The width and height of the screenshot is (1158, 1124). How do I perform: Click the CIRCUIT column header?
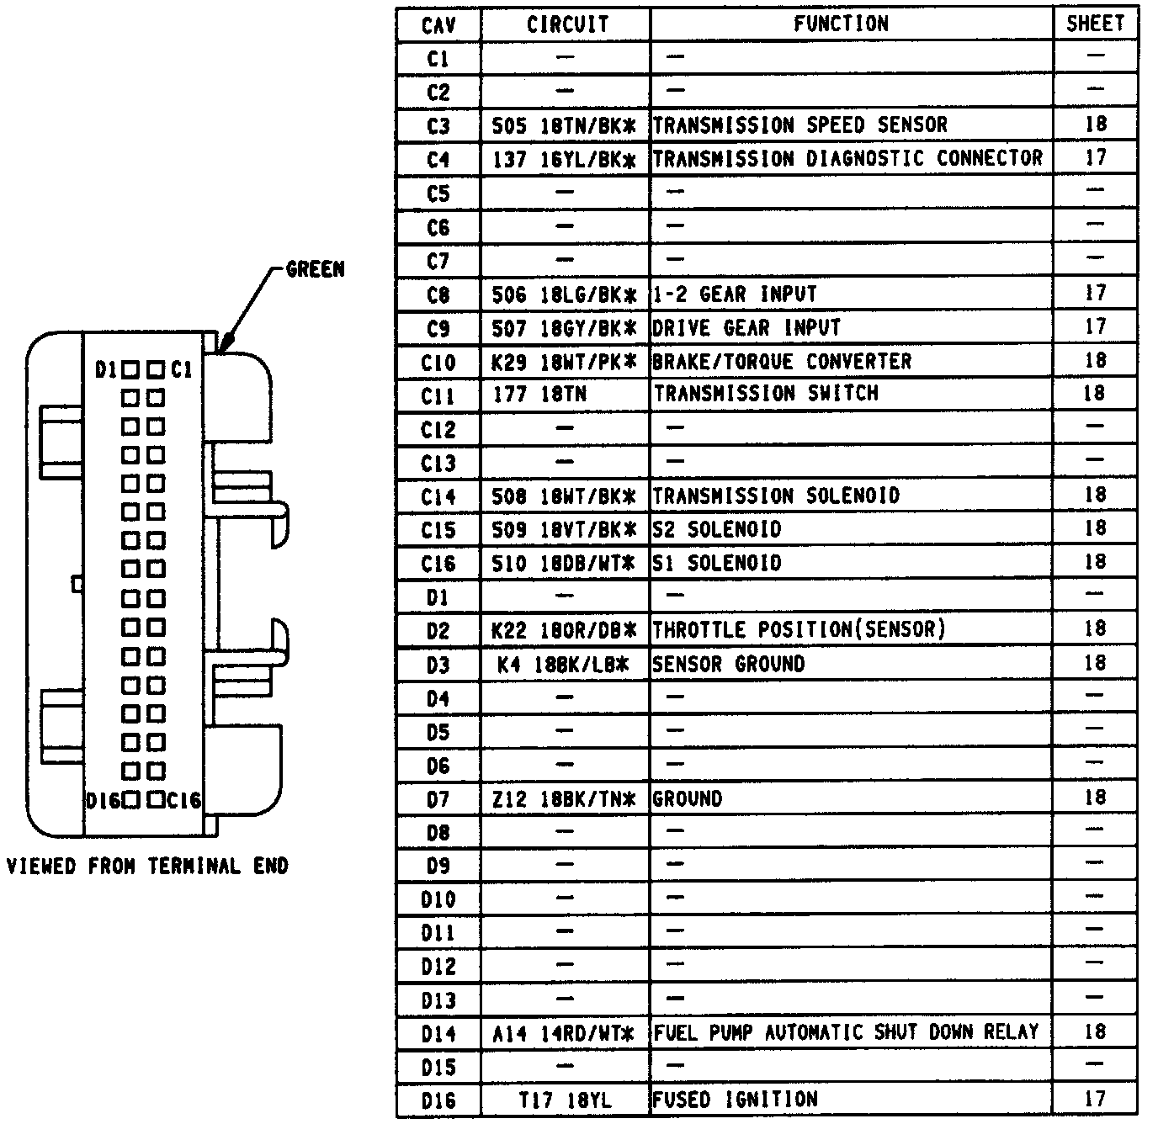pos(566,24)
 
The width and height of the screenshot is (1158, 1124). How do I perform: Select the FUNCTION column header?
pos(841,24)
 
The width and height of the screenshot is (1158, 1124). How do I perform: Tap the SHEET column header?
pos(1095,24)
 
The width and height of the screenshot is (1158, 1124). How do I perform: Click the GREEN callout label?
pos(316,269)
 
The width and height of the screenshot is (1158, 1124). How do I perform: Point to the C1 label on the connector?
pos(182,369)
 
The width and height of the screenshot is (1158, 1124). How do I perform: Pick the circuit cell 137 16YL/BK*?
pos(564,159)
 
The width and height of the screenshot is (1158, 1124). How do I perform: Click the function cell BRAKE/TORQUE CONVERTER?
pos(782,362)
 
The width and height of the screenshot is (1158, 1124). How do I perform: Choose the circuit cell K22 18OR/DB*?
pos(564,630)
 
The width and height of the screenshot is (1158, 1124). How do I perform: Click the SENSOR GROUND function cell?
pos(729,664)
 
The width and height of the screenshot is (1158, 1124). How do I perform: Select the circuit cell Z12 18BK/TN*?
pos(564,798)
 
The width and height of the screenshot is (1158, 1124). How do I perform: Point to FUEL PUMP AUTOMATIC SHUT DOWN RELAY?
pos(846,1032)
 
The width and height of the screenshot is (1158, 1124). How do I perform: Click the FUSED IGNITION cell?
pos(736,1100)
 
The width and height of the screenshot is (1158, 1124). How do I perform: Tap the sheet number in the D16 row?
pos(1095,1099)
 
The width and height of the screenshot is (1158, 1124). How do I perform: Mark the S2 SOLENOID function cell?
pos(717,529)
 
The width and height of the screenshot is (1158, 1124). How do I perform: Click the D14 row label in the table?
pos(438,1033)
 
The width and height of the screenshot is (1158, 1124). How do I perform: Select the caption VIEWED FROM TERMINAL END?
pos(147,866)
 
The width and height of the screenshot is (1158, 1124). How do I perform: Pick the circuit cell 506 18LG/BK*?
pos(564,294)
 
